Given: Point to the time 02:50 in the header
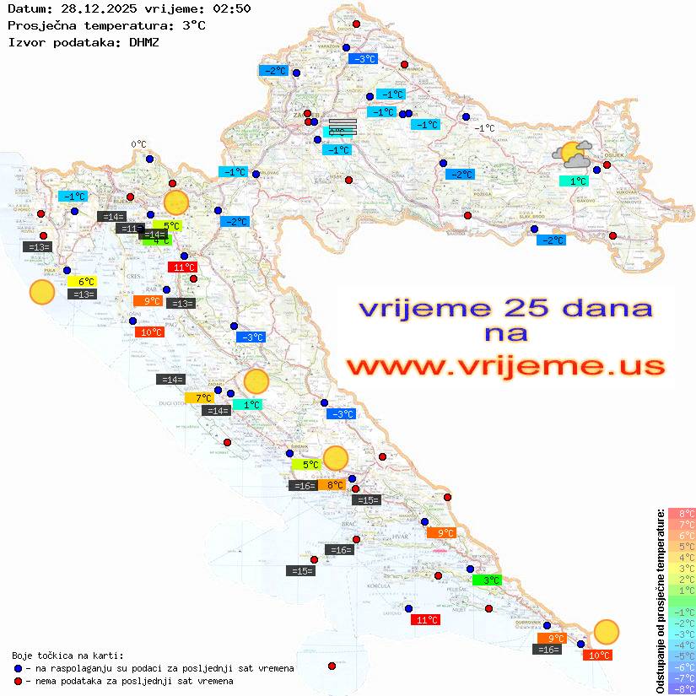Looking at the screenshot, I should coord(232,8).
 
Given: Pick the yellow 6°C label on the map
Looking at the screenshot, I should coord(85,282).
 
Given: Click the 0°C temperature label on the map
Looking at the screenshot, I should coord(138,144).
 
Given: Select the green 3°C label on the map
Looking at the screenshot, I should coord(487,580).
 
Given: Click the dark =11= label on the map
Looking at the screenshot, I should coord(130,228).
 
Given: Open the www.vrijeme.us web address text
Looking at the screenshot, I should coord(505,367).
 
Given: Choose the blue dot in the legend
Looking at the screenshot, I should coord(19,668).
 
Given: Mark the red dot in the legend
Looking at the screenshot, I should coord(19,681).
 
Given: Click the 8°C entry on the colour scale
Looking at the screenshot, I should coord(682,513).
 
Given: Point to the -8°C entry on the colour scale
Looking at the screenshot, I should coord(682,688).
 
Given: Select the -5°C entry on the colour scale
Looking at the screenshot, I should coord(682,656).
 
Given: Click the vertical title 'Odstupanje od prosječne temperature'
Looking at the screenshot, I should coord(661,600).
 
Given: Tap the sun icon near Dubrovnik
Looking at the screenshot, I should coord(606,632).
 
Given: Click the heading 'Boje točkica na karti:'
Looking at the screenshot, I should coord(67,656).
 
